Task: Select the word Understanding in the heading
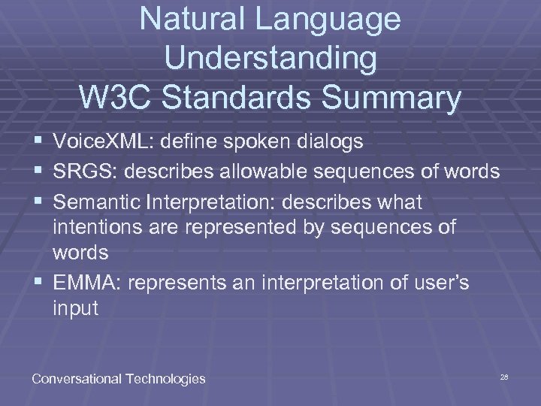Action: (270, 59)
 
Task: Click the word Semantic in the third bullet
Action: (100, 203)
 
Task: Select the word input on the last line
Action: (75, 308)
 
